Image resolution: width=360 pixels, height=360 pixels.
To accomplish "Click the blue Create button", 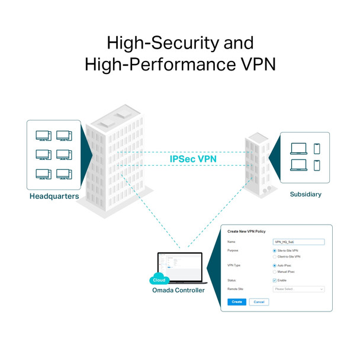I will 237,302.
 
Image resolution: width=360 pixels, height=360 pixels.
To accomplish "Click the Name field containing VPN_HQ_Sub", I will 299,242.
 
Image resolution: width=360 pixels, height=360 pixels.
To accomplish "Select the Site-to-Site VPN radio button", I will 275,250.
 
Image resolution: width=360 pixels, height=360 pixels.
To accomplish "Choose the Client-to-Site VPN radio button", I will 275,257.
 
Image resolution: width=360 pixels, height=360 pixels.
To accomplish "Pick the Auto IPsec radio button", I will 275,266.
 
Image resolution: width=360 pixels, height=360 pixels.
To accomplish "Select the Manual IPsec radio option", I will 275,272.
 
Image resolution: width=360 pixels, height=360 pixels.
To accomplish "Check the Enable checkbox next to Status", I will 275,280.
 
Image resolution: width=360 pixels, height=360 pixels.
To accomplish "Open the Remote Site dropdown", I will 299,289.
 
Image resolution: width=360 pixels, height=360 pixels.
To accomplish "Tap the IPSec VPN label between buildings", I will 194,159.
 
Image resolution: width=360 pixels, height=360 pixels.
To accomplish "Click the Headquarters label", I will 54,196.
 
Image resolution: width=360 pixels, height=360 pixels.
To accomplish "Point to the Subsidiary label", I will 306,194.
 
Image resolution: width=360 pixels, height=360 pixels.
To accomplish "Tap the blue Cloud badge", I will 159,280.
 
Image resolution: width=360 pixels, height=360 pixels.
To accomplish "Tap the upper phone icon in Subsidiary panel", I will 317,149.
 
